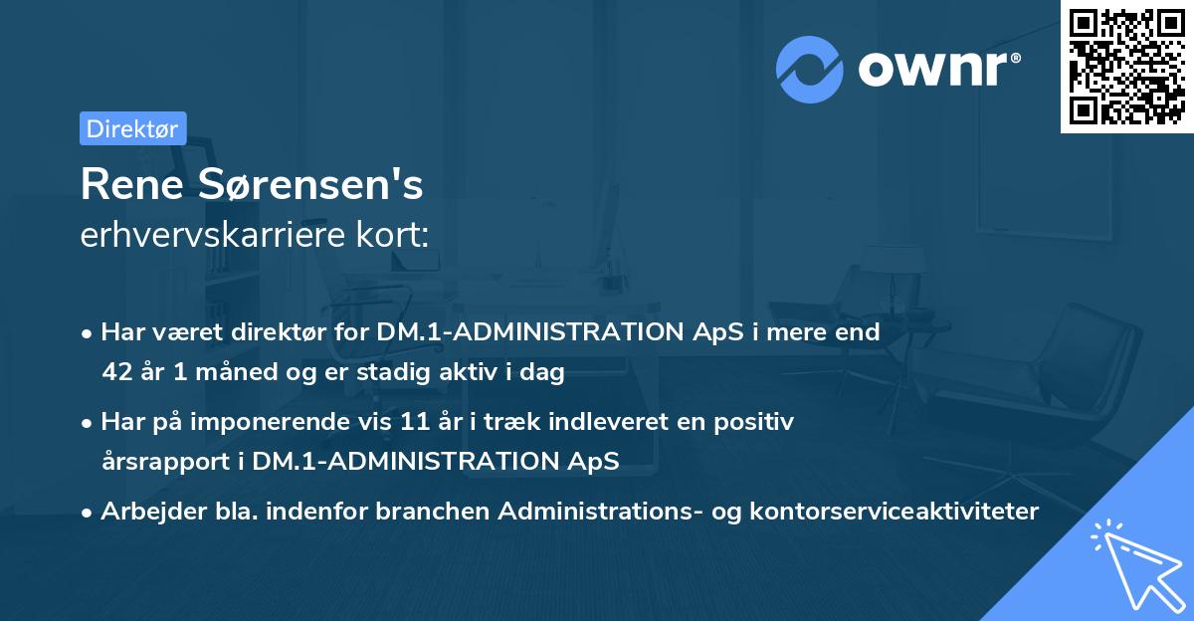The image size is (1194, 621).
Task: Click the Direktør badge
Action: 132,128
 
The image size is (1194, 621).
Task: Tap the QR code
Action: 1126,66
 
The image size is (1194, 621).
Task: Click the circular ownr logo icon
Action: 810,70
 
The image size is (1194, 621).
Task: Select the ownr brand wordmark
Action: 938,70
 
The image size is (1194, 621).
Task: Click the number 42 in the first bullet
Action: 116,373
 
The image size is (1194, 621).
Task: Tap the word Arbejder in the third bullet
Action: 147,512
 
